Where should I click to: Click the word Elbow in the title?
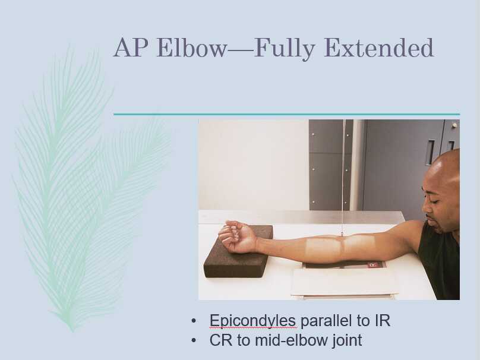(x=191, y=48)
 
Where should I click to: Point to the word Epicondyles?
(x=253, y=321)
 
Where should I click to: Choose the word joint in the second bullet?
(x=345, y=340)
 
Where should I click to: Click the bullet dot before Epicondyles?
(x=194, y=321)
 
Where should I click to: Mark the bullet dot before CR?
(x=194, y=340)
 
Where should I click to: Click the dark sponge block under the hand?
(x=238, y=261)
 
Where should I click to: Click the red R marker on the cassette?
(x=373, y=265)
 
